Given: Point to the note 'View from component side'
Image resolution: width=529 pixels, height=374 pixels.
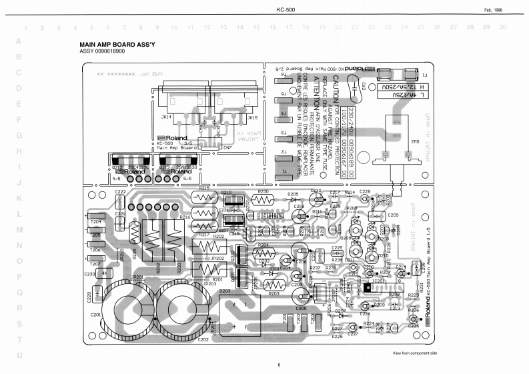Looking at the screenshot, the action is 414,351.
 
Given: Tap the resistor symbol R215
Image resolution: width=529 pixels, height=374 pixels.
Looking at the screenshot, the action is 204,197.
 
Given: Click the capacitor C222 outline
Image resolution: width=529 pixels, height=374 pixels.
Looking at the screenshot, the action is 121,198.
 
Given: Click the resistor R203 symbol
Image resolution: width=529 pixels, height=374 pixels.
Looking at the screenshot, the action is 274,286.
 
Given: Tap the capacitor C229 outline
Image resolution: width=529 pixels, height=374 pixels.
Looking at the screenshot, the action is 97,293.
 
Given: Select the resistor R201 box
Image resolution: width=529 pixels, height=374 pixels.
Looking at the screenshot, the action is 205,271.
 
